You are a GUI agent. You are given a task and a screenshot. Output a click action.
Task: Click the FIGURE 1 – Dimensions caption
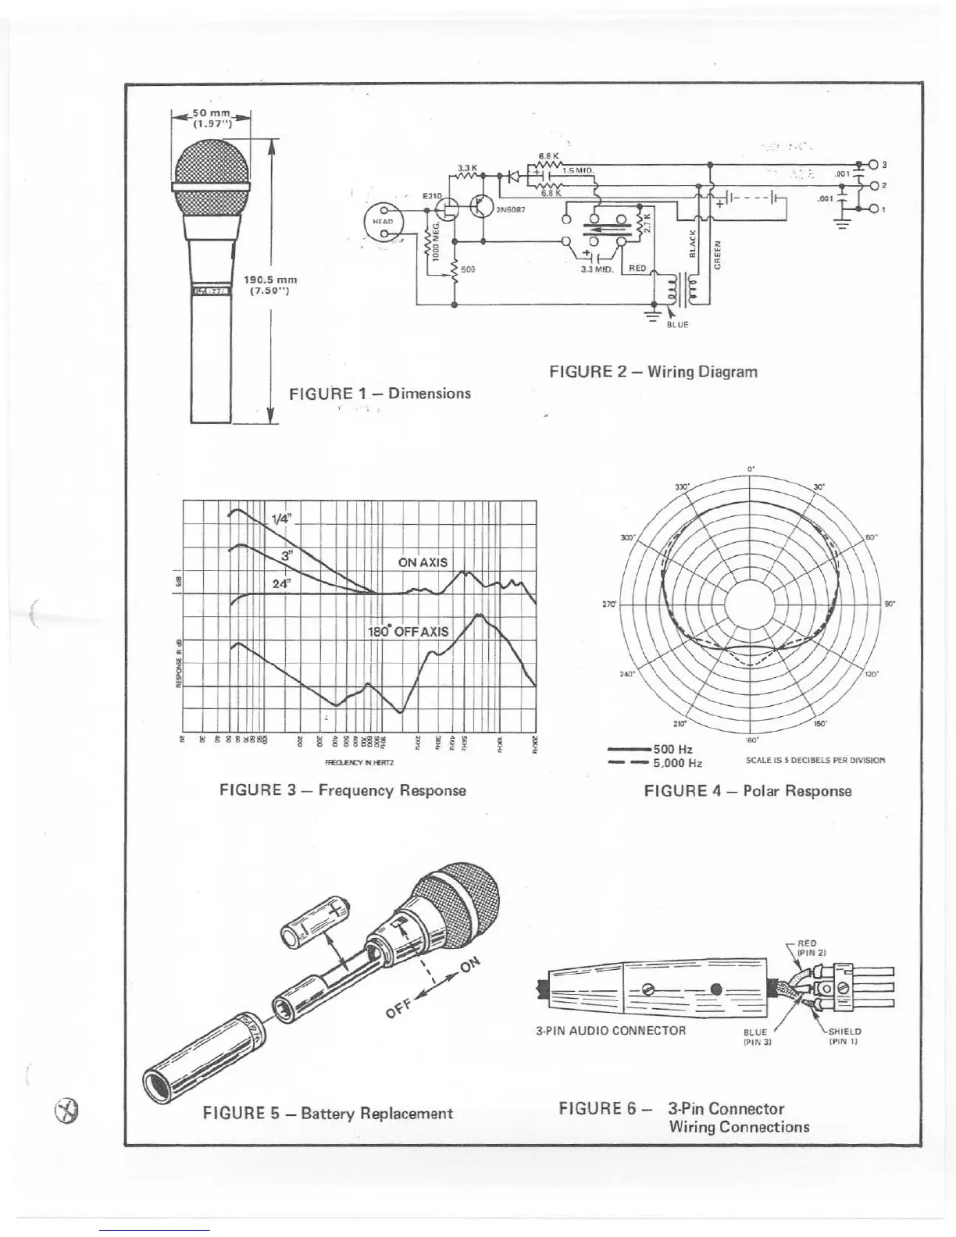380,394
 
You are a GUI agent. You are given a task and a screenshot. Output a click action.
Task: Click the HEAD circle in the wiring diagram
383,221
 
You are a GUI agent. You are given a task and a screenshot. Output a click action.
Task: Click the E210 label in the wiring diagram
432,195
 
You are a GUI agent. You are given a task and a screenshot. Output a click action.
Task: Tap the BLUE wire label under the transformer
677,324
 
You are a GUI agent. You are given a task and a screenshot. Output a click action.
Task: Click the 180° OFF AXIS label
408,631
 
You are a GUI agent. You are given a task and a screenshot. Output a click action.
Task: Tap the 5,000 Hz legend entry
677,763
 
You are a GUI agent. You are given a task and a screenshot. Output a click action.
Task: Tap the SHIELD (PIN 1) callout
844,1036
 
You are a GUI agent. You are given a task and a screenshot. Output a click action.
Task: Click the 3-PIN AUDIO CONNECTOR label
611,1030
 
